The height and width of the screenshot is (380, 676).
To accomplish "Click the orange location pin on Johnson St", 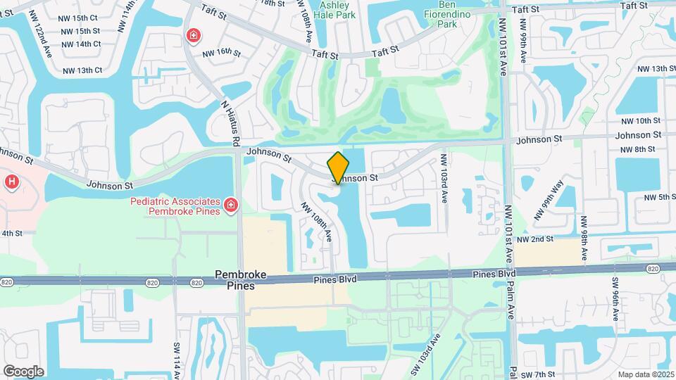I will (338, 167).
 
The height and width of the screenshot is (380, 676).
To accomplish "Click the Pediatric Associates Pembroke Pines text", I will (175, 206).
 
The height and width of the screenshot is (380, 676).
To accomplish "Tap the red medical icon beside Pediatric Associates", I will (230, 205).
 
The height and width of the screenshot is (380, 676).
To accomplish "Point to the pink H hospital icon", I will (11, 182).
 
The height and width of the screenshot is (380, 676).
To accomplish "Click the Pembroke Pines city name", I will (234, 279).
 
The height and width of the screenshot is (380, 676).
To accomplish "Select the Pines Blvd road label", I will (335, 279).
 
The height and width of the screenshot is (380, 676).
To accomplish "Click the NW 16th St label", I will (222, 53).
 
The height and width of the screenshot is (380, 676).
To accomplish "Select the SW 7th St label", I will (541, 374).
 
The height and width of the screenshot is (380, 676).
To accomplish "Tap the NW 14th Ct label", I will (81, 44).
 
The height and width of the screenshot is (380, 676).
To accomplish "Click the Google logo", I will (23, 371).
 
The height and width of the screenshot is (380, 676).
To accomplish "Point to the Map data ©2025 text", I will (645, 374).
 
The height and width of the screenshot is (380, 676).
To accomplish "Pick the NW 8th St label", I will (638, 149).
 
